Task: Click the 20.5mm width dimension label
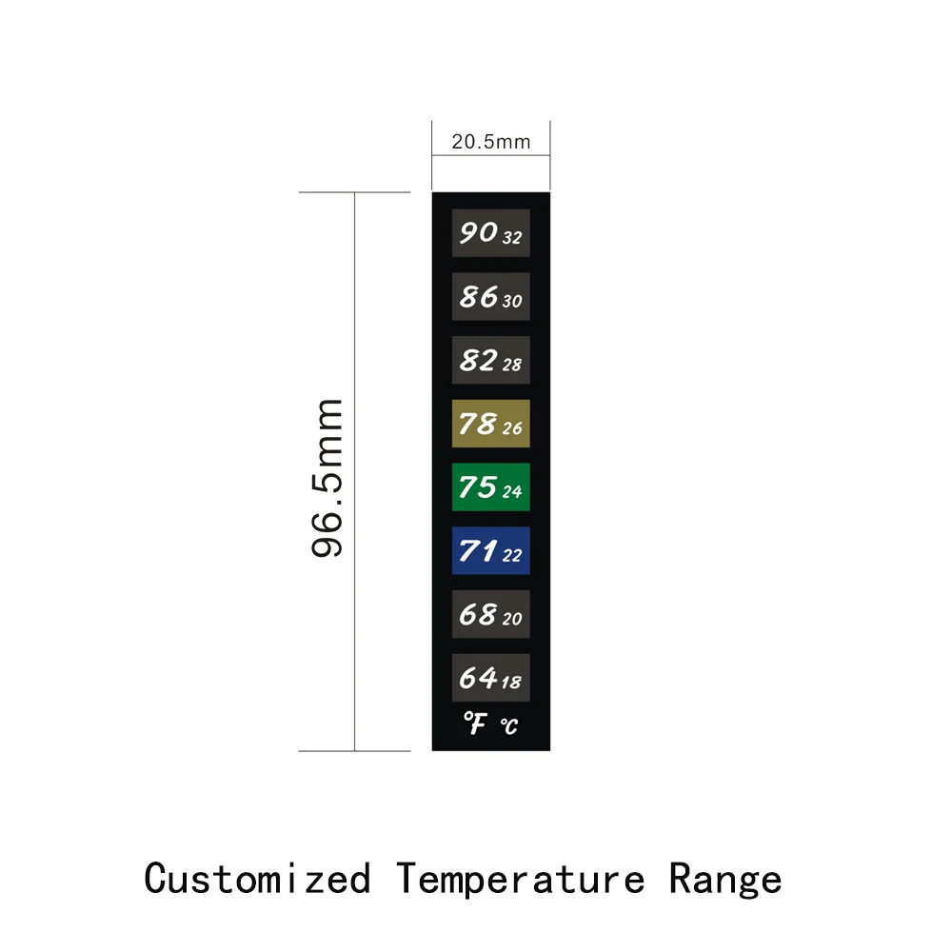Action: coord(490,143)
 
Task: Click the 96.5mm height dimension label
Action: coord(327,478)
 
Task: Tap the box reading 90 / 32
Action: coord(490,233)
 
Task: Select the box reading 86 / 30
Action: coord(490,296)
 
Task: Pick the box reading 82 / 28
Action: coord(490,360)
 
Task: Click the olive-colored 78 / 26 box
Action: coord(490,424)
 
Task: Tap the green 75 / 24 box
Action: coord(490,486)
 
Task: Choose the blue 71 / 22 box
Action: coord(490,550)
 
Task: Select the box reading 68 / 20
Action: coord(490,614)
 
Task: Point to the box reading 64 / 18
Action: coord(490,677)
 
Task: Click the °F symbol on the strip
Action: coord(475,724)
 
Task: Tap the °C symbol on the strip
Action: coord(509,727)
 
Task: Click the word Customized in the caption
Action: coord(257,878)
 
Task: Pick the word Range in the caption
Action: coord(725,878)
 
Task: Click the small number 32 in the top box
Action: coord(511,238)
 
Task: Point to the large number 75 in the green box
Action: coord(477,486)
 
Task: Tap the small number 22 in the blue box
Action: coord(511,555)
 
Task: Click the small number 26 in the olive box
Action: coord(512,428)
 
